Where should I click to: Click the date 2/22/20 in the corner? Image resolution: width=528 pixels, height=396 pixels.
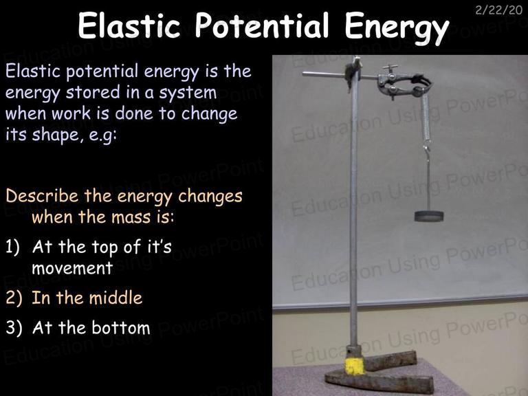tap(499, 10)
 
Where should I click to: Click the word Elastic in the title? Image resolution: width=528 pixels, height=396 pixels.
tap(129, 25)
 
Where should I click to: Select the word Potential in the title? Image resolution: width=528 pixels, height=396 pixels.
tap(262, 25)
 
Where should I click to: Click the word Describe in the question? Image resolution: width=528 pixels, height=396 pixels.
tap(42, 196)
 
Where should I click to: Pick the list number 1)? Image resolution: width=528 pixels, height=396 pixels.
tap(13, 247)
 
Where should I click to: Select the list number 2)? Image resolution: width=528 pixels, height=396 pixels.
tap(14, 298)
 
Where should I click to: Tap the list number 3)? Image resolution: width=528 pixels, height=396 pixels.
tap(14, 328)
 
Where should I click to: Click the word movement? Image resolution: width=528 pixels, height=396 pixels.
tap(72, 268)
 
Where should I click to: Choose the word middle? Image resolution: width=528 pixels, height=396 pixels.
tap(115, 298)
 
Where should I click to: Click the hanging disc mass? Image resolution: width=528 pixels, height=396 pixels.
tap(429, 216)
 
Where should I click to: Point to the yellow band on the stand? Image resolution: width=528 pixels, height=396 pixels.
tap(355, 366)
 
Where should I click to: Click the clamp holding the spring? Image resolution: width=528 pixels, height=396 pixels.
tap(403, 85)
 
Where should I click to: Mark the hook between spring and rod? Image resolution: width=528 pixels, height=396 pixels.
tap(427, 150)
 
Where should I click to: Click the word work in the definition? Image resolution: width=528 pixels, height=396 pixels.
tap(71, 114)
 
